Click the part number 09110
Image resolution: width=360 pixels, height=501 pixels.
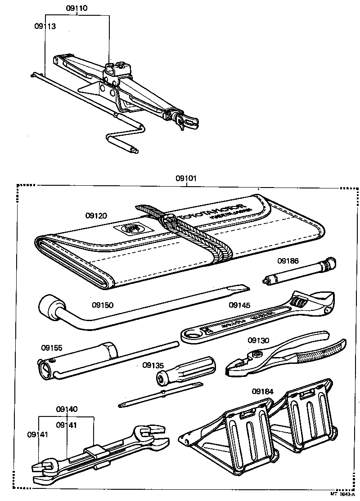[76, 8]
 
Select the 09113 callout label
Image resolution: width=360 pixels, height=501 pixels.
[45, 26]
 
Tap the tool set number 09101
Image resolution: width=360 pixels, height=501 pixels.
[186, 178]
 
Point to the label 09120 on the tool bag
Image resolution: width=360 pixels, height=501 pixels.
[96, 216]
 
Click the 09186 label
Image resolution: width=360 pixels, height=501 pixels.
[288, 260]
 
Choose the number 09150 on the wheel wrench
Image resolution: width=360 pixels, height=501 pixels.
[103, 305]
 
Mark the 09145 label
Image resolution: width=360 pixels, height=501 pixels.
[240, 305]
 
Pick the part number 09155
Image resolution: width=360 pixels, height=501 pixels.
[52, 348]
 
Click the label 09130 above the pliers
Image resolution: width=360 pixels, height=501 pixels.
[258, 340]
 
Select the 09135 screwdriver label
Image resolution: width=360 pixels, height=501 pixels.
[153, 365]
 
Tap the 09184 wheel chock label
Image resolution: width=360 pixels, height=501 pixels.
[263, 391]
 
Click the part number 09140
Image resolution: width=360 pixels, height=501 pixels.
[67, 409]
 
